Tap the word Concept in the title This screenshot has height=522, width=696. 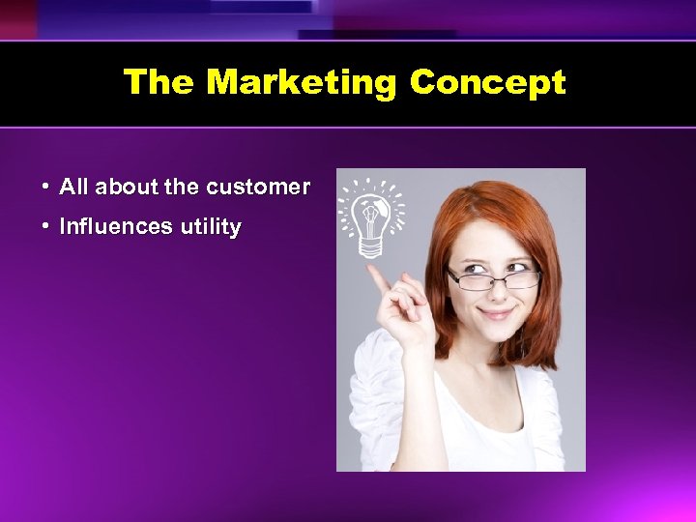(487, 82)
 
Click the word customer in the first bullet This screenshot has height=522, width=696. (258, 186)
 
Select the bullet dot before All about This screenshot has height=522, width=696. (45, 186)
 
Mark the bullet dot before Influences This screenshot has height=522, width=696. (45, 227)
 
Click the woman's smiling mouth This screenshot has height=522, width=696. (495, 313)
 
